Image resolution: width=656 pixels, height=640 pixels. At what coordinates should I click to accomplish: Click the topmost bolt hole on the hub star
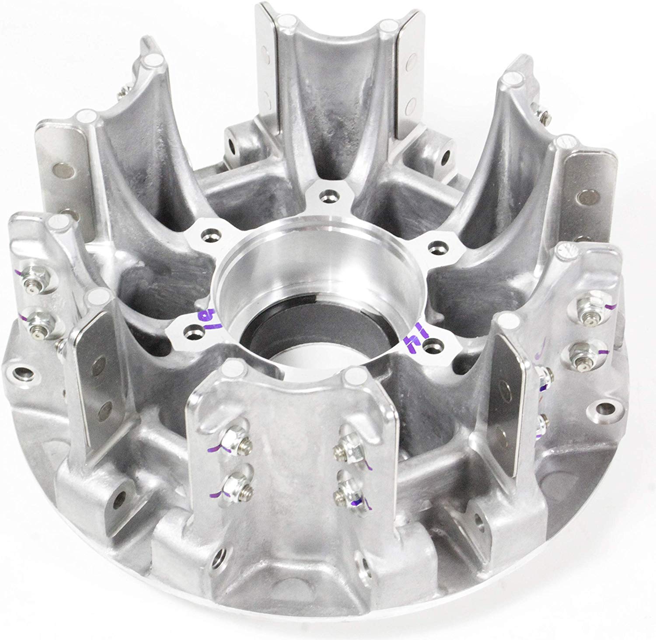327,194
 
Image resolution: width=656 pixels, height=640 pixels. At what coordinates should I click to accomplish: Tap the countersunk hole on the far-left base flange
22,374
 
